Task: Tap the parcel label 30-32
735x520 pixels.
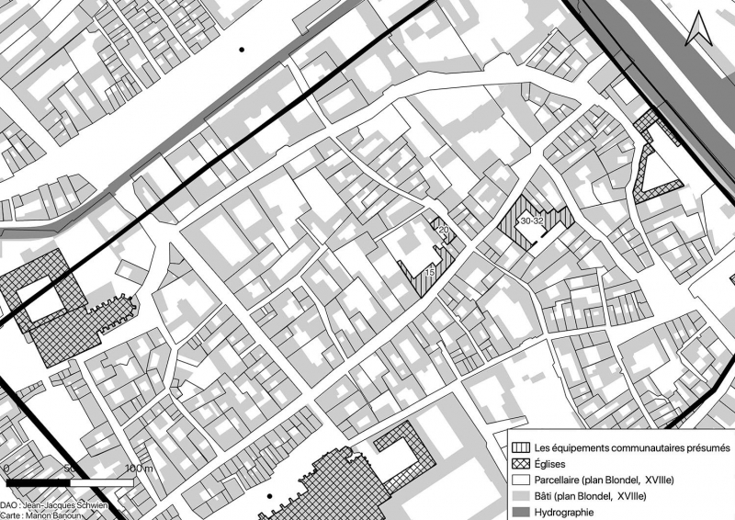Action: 532,221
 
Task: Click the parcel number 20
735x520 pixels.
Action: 442,229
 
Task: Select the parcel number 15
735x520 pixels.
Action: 430,273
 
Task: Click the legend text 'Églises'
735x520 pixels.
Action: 551,464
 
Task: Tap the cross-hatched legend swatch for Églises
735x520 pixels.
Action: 521,464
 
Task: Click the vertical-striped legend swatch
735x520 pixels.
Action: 521,447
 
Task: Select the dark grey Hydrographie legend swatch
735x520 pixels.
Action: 521,513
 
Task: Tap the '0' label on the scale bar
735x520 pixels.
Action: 7,469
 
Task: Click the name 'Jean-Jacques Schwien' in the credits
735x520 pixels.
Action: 75,506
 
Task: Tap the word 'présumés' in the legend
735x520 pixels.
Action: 706,447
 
